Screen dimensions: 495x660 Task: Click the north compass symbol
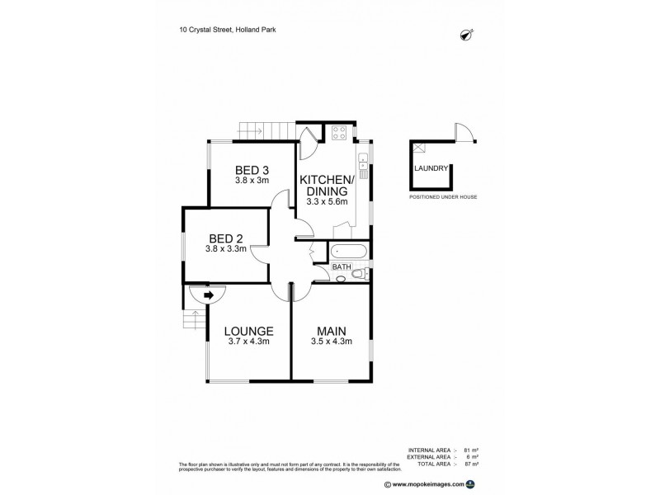click(466, 34)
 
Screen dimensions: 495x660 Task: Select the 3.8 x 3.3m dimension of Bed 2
click(225, 248)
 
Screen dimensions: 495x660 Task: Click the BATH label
click(341, 267)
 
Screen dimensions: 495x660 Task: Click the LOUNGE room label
click(248, 332)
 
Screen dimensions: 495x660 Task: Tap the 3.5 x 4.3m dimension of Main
click(331, 342)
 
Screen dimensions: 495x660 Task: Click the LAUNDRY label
click(431, 169)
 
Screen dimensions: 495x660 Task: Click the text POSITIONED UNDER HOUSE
click(443, 198)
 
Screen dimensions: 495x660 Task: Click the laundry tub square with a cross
click(418, 148)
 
